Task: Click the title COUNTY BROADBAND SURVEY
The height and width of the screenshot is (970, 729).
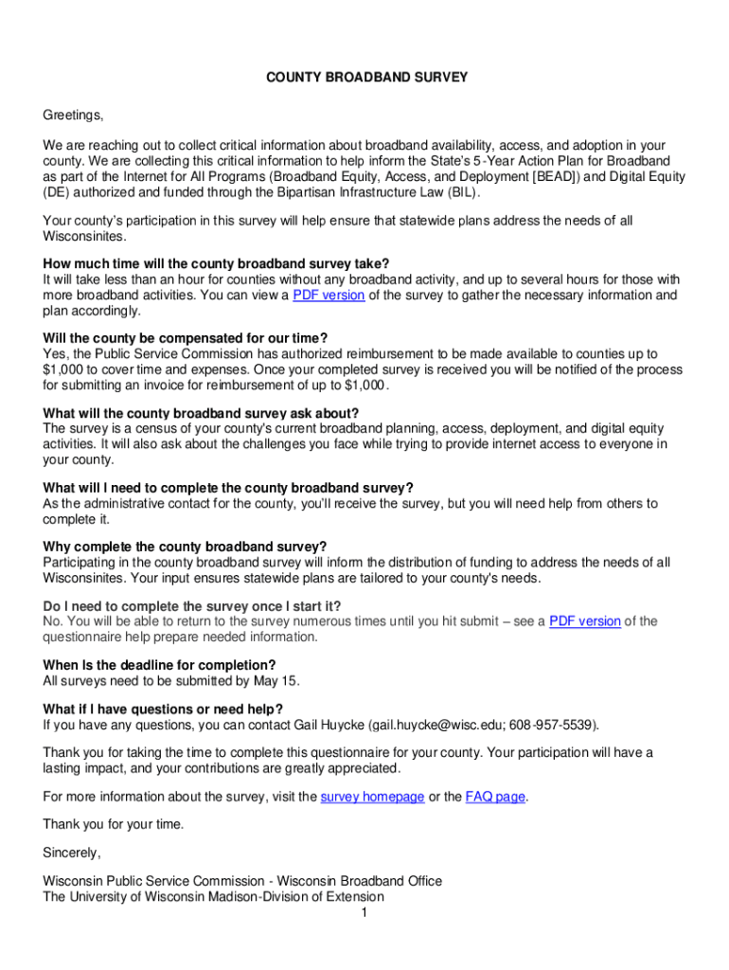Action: pos(364,78)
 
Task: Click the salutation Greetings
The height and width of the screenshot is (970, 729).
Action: pos(72,116)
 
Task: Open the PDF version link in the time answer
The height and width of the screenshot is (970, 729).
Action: pos(329,295)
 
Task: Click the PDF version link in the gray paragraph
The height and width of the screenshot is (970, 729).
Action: pos(585,621)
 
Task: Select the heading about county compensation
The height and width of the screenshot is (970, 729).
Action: pos(186,338)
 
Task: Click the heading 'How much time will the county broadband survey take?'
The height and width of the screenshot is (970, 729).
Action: pos(216,263)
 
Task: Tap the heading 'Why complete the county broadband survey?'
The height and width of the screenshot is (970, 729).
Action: pos(185,547)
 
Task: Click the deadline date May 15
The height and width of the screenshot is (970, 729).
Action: pos(284,680)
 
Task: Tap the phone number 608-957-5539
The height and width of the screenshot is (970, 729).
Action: pos(551,725)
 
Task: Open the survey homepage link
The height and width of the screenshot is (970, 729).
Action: pos(372,797)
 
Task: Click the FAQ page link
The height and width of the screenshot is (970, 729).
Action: pos(495,797)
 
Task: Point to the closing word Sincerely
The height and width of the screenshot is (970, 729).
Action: pos(71,852)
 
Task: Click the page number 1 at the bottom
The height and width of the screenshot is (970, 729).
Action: pos(364,912)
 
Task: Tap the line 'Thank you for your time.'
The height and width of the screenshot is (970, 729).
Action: pos(113,824)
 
